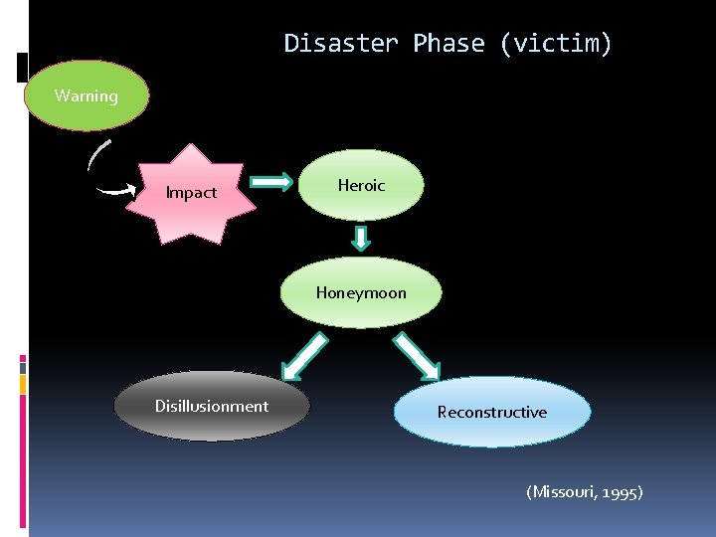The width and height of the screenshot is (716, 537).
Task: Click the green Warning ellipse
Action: coord(86,96)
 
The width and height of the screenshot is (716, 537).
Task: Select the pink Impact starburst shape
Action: coord(193,192)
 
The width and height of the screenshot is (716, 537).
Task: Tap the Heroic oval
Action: coord(361,185)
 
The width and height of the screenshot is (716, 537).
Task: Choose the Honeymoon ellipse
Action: coord(361,292)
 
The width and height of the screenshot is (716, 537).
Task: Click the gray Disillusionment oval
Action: coord(212,406)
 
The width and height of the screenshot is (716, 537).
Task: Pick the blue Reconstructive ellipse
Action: coord(492,412)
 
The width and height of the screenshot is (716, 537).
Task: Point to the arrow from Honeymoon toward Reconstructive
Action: coord(417,356)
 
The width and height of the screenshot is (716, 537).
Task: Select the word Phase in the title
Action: coord(447,44)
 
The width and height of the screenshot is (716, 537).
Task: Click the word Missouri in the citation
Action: coord(564,491)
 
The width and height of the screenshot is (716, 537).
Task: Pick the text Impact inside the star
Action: coord(191,193)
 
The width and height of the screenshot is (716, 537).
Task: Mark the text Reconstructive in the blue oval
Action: coord(492,412)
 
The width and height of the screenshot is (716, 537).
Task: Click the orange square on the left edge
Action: coord(23,383)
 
